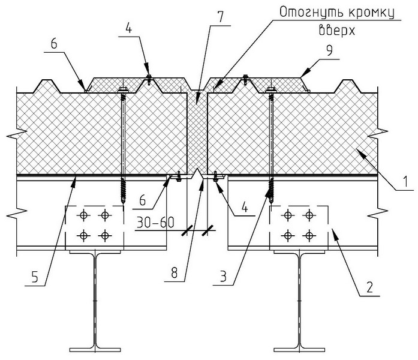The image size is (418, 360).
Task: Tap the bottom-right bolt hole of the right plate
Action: pos(309,233)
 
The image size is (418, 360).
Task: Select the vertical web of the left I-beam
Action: pos(95,300)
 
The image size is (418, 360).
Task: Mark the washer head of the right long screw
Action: pos(269,91)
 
